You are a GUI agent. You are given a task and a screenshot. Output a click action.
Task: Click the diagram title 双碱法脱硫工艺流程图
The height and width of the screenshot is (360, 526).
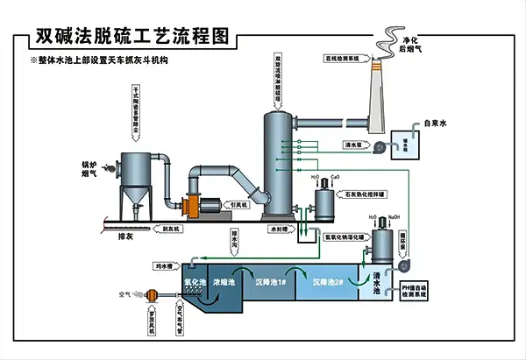pyautogui.click(x=131, y=38)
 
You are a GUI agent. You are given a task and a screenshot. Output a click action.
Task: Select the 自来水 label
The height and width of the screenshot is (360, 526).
pyautogui.click(x=436, y=124)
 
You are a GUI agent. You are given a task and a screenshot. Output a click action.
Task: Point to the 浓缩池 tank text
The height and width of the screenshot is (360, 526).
pyautogui.click(x=225, y=283)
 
